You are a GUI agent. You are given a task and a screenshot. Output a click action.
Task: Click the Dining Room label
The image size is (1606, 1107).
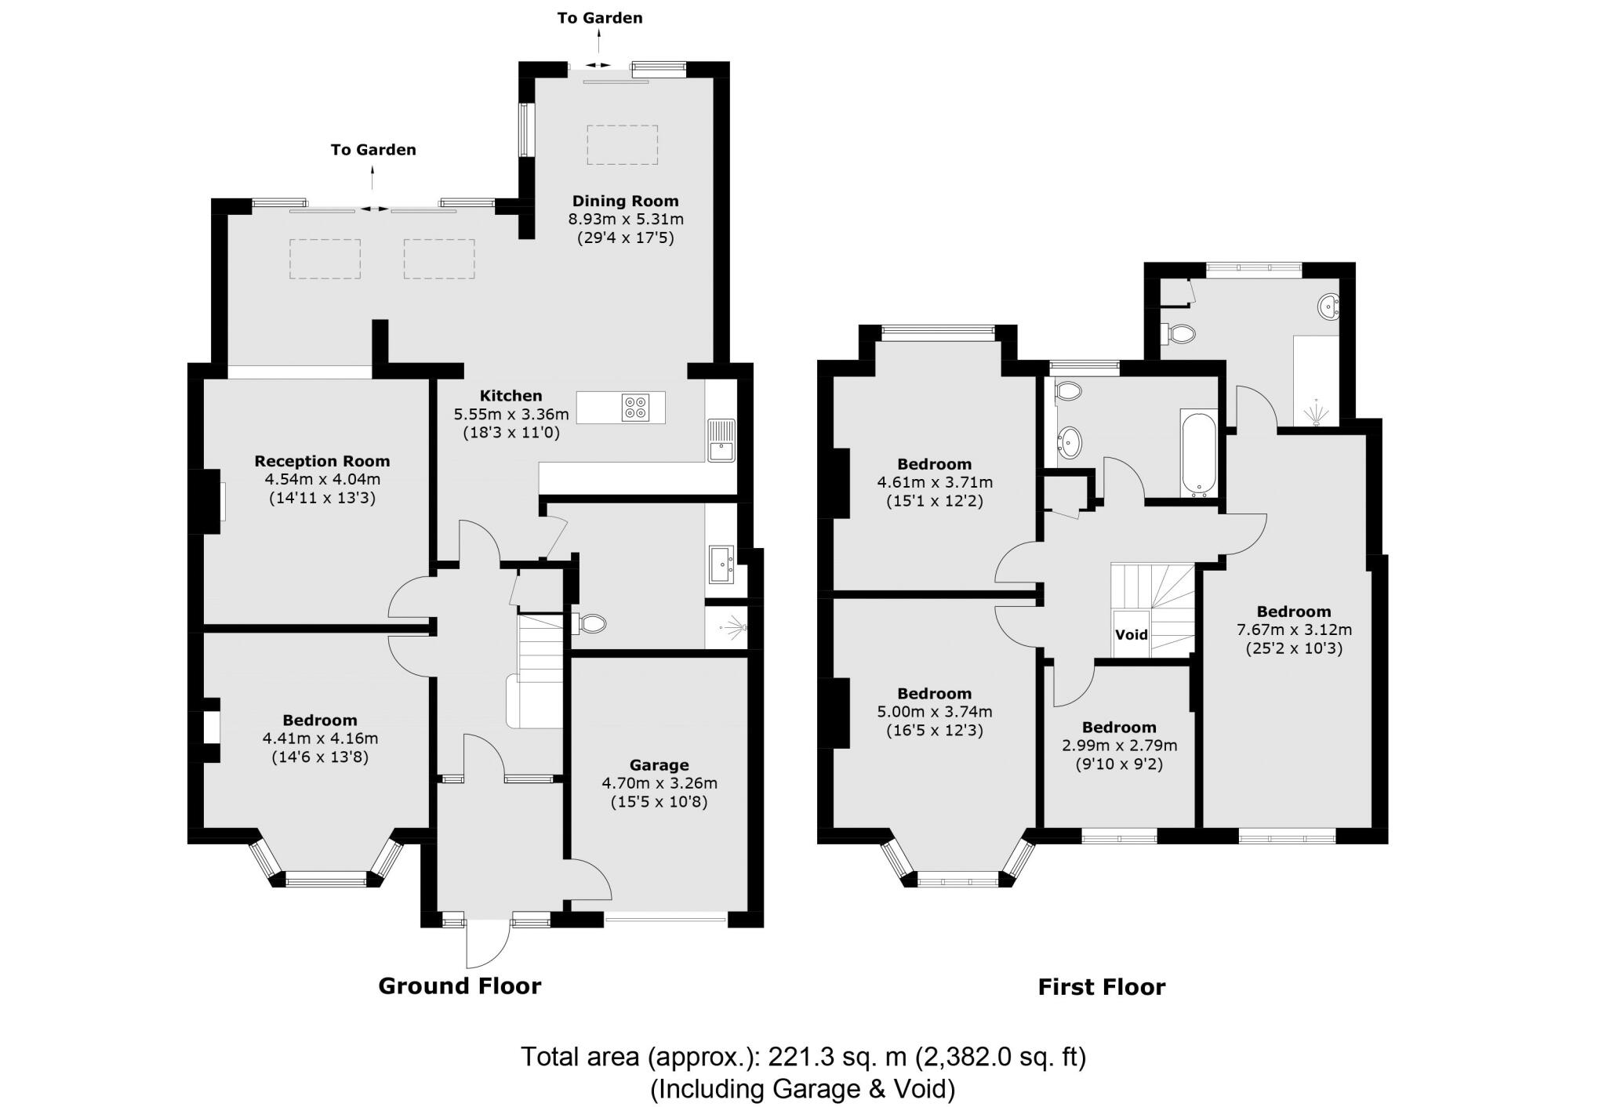click(625, 201)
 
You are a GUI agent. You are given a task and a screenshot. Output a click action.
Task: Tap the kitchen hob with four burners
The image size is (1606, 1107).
click(636, 408)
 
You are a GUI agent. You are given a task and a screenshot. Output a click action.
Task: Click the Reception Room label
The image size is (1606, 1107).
click(322, 461)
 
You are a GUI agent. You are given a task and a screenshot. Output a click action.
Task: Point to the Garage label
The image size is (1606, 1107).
click(659, 764)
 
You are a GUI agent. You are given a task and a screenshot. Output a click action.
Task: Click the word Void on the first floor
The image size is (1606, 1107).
click(1132, 634)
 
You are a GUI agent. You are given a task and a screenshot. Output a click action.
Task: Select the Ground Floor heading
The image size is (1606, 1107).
click(460, 985)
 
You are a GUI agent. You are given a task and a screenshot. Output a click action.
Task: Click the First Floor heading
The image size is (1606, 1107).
click(1102, 986)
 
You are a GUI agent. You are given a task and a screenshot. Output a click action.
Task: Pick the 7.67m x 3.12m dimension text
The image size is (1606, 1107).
click(1294, 630)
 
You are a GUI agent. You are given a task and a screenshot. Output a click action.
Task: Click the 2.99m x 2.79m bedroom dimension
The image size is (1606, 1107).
click(1119, 746)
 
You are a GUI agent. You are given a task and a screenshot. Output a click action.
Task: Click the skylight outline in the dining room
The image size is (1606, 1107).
click(623, 144)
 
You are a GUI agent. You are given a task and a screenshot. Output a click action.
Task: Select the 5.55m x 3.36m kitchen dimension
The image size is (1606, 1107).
click(511, 414)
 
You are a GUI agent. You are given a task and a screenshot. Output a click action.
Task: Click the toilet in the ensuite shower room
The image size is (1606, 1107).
click(1178, 334)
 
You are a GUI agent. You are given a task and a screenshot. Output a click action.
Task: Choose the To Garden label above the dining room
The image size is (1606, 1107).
click(600, 17)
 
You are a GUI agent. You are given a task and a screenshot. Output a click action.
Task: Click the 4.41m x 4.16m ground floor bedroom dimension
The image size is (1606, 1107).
click(320, 739)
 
